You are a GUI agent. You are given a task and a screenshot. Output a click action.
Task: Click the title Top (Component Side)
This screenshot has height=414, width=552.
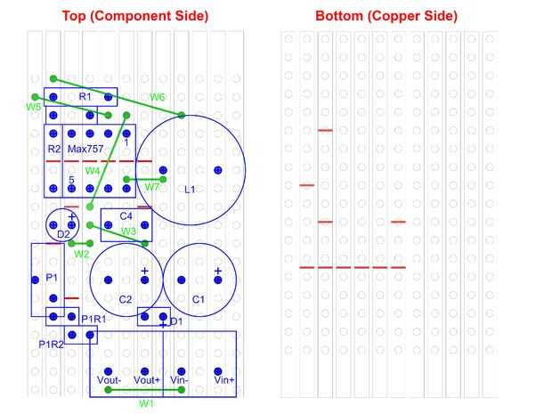(134, 16)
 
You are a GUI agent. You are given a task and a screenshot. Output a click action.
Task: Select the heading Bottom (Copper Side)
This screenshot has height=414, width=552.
(386, 16)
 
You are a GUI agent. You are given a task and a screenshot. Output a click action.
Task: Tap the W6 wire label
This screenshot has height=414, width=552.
(158, 96)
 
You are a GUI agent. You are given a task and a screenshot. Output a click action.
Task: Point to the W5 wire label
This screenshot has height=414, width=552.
(34, 107)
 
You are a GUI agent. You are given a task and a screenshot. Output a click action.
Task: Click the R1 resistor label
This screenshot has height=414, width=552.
(85, 96)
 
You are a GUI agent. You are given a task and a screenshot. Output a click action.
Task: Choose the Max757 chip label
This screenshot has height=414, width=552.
(85, 149)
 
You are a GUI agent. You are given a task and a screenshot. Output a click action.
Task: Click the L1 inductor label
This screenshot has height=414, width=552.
(189, 189)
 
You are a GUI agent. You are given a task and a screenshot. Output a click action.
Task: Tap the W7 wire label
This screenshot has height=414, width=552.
(153, 187)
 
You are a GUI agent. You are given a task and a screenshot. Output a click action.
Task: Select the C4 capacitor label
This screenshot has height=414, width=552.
(126, 216)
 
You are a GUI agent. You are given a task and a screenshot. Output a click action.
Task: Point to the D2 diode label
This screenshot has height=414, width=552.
(62, 234)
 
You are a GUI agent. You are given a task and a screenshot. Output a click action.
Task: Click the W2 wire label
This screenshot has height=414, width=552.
(82, 254)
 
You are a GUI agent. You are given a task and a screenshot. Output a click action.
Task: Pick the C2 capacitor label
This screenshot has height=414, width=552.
(126, 299)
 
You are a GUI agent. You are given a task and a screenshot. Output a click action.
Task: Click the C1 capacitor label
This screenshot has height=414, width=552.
(199, 299)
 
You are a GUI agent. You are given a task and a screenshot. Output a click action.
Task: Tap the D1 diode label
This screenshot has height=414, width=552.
(176, 321)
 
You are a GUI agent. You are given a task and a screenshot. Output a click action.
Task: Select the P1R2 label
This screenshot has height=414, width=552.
(51, 343)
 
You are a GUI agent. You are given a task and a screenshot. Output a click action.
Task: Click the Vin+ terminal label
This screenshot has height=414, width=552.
(224, 380)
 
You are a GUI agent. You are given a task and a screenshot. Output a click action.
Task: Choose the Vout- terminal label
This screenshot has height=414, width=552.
(108, 380)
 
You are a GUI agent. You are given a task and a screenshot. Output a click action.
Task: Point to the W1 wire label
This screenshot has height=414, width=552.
(146, 403)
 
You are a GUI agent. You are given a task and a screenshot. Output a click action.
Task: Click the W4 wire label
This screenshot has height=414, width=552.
(93, 170)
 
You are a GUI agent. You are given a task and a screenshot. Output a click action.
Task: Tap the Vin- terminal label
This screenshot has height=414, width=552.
(180, 380)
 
